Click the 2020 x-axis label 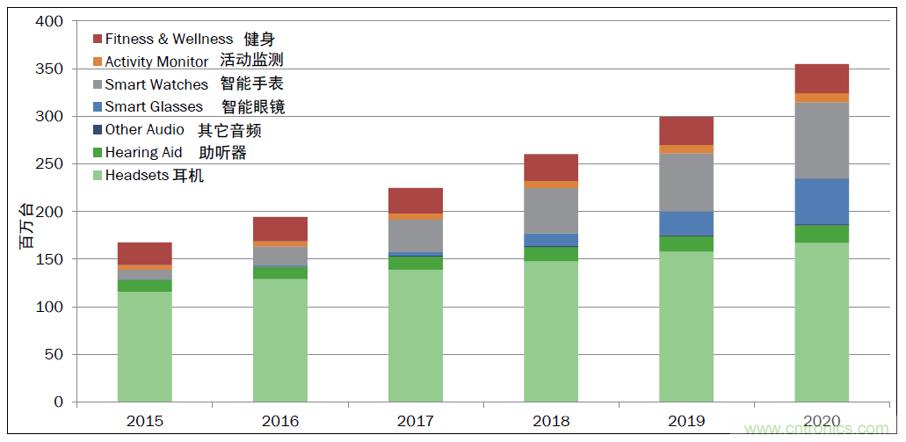tap(822, 421)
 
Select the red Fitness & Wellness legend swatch tap(98, 39)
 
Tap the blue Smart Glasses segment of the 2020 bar tap(822, 201)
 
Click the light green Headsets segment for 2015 tap(144, 346)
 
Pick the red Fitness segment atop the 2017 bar tap(416, 200)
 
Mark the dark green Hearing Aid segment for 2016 tap(280, 272)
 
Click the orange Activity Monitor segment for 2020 tap(822, 98)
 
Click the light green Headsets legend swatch tap(98, 176)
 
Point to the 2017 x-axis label tap(416, 421)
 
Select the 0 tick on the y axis tap(58, 402)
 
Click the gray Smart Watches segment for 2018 tap(551, 210)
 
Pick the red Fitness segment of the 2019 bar tap(686, 131)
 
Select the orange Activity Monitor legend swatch tap(98, 62)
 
